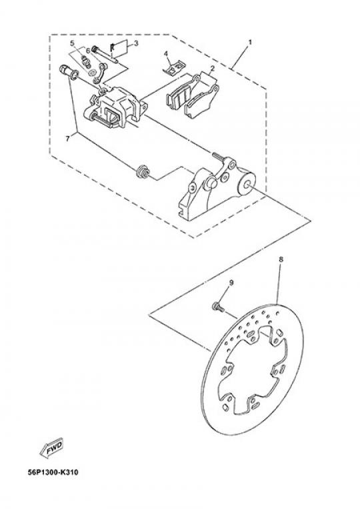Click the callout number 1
[250, 43]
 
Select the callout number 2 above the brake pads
[212, 69]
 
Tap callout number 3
[136, 43]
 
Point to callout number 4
[165, 53]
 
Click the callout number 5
[72, 43]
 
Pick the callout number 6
[88, 51]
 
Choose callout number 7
[67, 139]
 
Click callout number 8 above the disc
[281, 259]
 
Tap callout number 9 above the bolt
[231, 283]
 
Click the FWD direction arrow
[51, 450]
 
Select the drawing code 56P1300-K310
[53, 472]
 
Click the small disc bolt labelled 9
[218, 307]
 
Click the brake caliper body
[115, 107]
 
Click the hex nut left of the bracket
[142, 172]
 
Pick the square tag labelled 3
[119, 48]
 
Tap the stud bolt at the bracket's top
[219, 157]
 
